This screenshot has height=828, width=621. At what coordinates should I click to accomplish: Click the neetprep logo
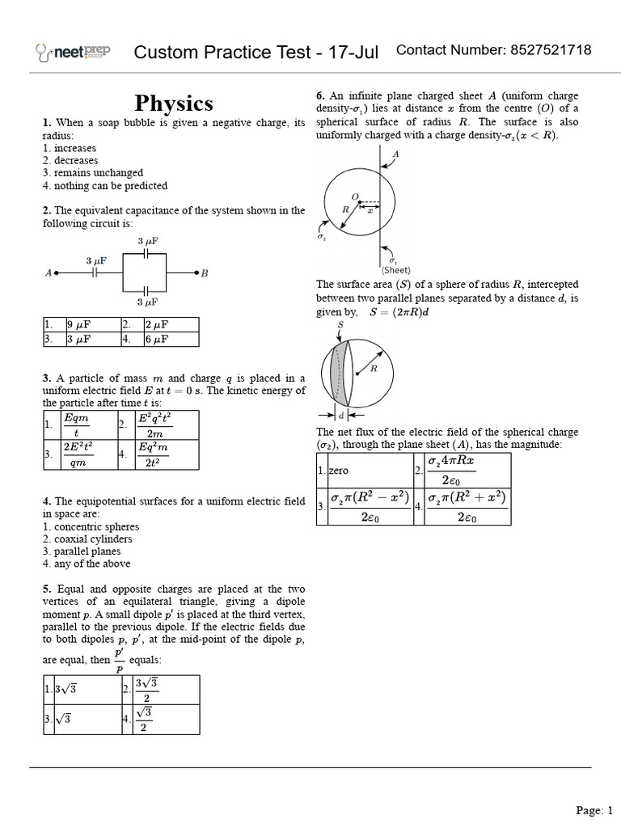point(74,53)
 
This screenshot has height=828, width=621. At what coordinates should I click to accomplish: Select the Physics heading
point(174,103)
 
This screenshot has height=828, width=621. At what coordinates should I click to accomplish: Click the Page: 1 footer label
point(594,809)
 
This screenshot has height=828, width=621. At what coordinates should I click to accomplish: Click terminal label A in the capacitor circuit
point(49,273)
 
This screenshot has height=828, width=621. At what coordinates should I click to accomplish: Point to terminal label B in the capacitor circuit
point(205,273)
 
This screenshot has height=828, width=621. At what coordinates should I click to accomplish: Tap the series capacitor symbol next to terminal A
point(95,273)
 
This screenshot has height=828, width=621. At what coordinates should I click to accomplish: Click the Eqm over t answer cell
point(76,425)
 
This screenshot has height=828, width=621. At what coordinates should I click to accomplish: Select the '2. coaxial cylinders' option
point(87,539)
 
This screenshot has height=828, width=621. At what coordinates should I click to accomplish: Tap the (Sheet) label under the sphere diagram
point(396,270)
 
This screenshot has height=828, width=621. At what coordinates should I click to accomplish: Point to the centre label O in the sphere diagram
point(353,196)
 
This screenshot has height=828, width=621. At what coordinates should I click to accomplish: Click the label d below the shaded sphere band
point(341,416)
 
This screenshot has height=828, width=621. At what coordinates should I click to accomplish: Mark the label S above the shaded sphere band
point(340,323)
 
